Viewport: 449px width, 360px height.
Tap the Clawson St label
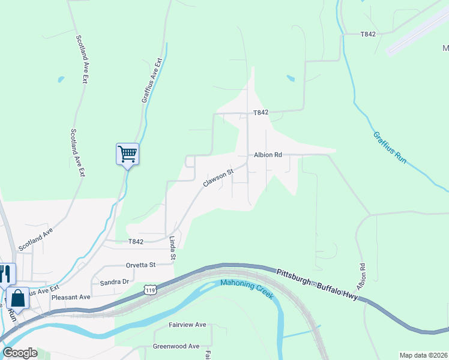[x=217, y=177]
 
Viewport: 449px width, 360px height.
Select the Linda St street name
[x=172, y=248]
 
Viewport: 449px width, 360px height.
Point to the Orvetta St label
[x=140, y=265]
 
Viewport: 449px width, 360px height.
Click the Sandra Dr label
[x=115, y=281]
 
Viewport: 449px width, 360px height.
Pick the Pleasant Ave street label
[x=71, y=297]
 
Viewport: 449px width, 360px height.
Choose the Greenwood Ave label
[x=176, y=346]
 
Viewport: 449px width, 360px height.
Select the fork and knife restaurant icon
[x=5, y=274]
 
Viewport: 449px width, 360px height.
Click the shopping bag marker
[x=18, y=298]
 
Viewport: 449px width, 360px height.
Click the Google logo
[x=20, y=353]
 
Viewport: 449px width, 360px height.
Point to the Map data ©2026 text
[x=423, y=355]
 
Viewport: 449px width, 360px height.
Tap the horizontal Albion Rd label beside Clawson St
[x=268, y=155]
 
